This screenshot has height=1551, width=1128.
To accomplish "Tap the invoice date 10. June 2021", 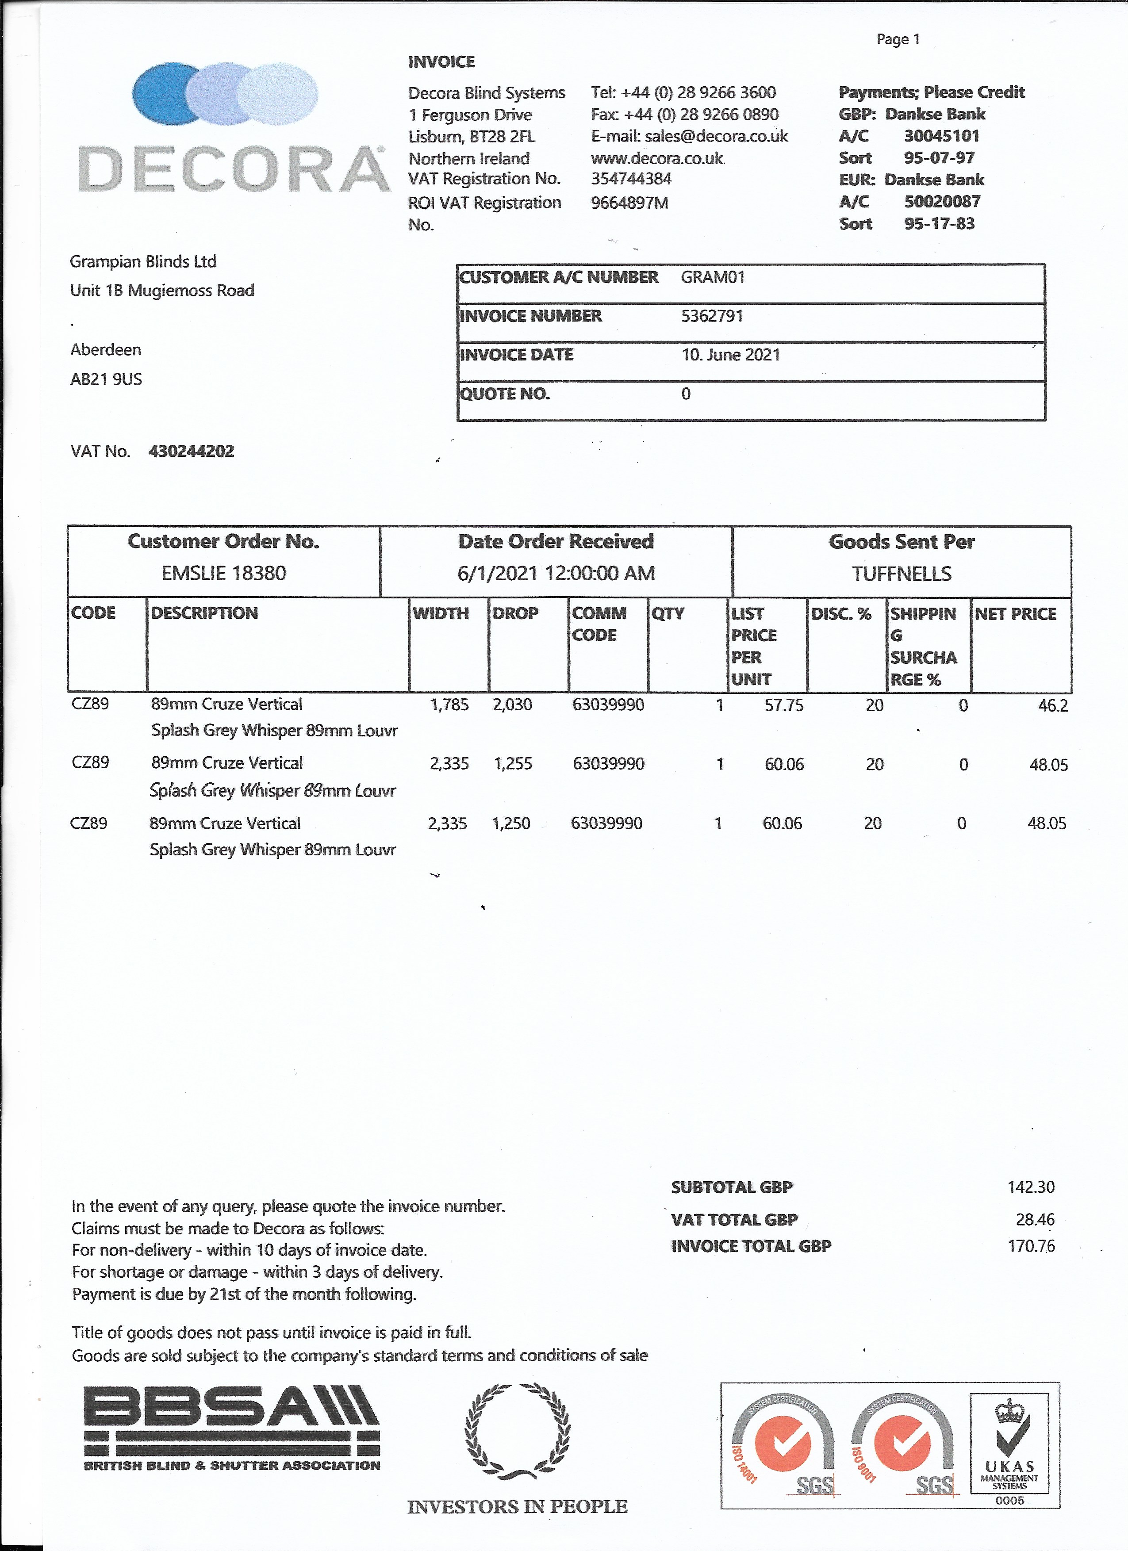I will pos(731,355).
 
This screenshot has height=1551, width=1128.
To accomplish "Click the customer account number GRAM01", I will pos(712,277).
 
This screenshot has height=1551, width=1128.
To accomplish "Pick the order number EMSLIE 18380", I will pos(224,573).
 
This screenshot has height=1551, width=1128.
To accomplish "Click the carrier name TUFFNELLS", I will pos(901,574).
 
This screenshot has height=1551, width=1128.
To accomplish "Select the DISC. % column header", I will pos(841,613).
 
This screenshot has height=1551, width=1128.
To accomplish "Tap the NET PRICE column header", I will pos(1015,613).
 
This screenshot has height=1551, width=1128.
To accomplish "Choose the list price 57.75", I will pos(783,705).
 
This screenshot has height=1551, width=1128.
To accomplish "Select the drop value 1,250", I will pos(511,823).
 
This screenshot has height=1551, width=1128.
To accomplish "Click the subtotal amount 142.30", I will pos(1030,1187).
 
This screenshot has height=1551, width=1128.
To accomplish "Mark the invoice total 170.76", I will pos(1030,1246).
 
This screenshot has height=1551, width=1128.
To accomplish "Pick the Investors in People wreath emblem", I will pos(517,1431).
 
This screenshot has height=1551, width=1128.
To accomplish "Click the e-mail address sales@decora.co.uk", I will pos(716,136).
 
